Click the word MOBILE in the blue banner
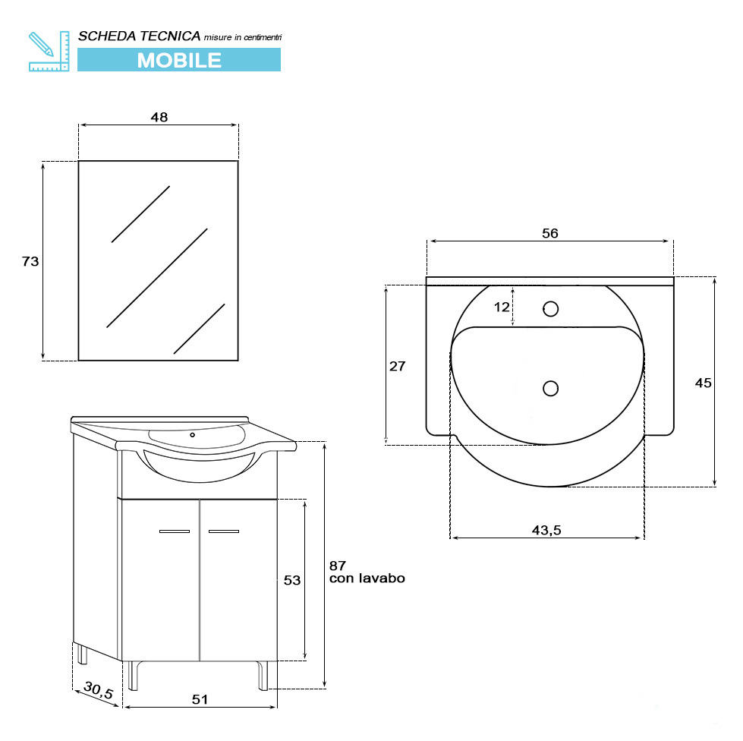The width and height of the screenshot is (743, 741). (x=179, y=60)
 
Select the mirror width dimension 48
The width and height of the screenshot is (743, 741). (x=159, y=117)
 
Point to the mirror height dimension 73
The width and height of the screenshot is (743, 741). (x=30, y=261)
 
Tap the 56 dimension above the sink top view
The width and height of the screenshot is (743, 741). (x=549, y=233)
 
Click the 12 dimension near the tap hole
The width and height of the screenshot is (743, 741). (x=502, y=307)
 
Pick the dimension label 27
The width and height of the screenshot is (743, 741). (x=397, y=366)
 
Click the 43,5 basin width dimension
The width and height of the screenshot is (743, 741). (x=546, y=530)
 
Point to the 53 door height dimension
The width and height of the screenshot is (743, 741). (x=292, y=580)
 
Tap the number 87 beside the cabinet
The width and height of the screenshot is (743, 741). (x=338, y=565)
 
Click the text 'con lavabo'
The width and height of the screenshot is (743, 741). (x=367, y=579)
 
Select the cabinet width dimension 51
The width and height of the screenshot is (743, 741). (x=200, y=699)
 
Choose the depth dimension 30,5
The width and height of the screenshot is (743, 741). (x=98, y=690)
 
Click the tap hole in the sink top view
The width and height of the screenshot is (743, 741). (x=551, y=308)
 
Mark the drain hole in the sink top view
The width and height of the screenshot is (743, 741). (x=551, y=388)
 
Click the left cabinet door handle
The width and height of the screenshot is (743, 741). (x=175, y=531)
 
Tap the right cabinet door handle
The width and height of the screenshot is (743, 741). (x=223, y=531)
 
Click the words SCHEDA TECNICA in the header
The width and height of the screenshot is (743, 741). (x=140, y=36)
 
